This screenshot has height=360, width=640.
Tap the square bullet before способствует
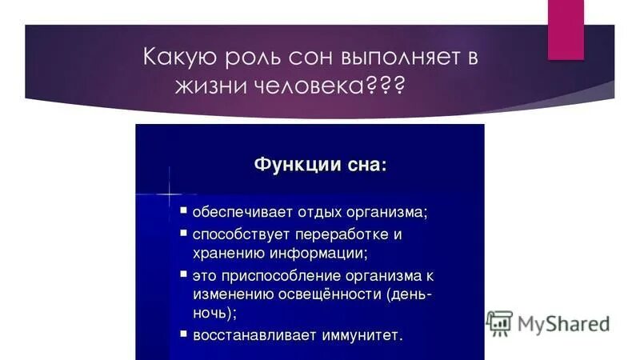tap(183, 234)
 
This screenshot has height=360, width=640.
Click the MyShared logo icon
tap(499, 322)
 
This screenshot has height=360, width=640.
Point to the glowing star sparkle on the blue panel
tap(170, 194)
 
